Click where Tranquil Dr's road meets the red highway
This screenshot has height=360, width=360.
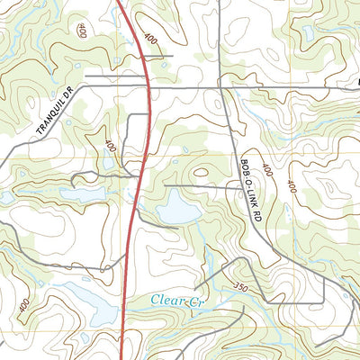click(x=148, y=86)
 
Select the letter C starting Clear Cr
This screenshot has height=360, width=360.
click(x=155, y=300)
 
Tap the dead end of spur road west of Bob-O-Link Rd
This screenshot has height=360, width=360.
click(x=165, y=186)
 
